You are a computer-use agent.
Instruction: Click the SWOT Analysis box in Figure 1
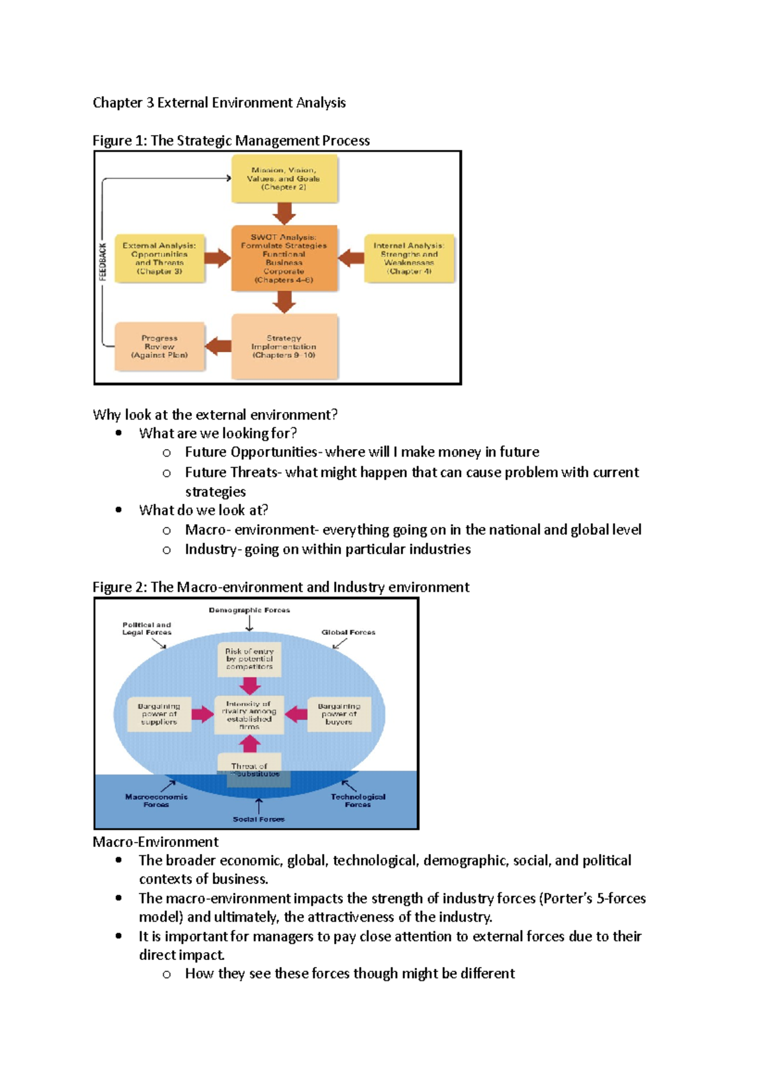(x=284, y=258)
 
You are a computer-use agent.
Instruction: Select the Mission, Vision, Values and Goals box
(x=284, y=179)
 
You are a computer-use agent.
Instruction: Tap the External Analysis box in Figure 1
(x=159, y=258)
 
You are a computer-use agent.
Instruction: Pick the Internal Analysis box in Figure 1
(x=409, y=258)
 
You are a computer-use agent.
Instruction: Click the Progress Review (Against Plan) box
(x=159, y=346)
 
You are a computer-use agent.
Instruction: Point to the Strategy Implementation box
(x=284, y=346)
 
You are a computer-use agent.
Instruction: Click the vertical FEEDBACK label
(x=103, y=262)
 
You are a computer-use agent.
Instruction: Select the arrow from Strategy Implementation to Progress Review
(x=219, y=346)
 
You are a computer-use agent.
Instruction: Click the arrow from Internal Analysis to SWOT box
(x=351, y=258)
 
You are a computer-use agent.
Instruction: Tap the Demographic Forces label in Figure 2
(x=249, y=610)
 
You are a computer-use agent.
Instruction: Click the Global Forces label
(x=348, y=633)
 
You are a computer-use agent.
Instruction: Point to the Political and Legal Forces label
(x=147, y=629)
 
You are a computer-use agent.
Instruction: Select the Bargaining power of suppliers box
(x=159, y=714)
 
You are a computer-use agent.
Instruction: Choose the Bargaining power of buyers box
(x=339, y=714)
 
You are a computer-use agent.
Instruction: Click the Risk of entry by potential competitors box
(x=249, y=659)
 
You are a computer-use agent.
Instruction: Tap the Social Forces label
(x=258, y=819)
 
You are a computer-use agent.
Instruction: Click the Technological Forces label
(x=358, y=800)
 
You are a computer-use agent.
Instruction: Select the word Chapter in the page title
(x=117, y=103)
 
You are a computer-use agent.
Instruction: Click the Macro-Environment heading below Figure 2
(x=156, y=842)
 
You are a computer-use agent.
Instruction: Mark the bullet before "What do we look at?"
(x=119, y=510)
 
